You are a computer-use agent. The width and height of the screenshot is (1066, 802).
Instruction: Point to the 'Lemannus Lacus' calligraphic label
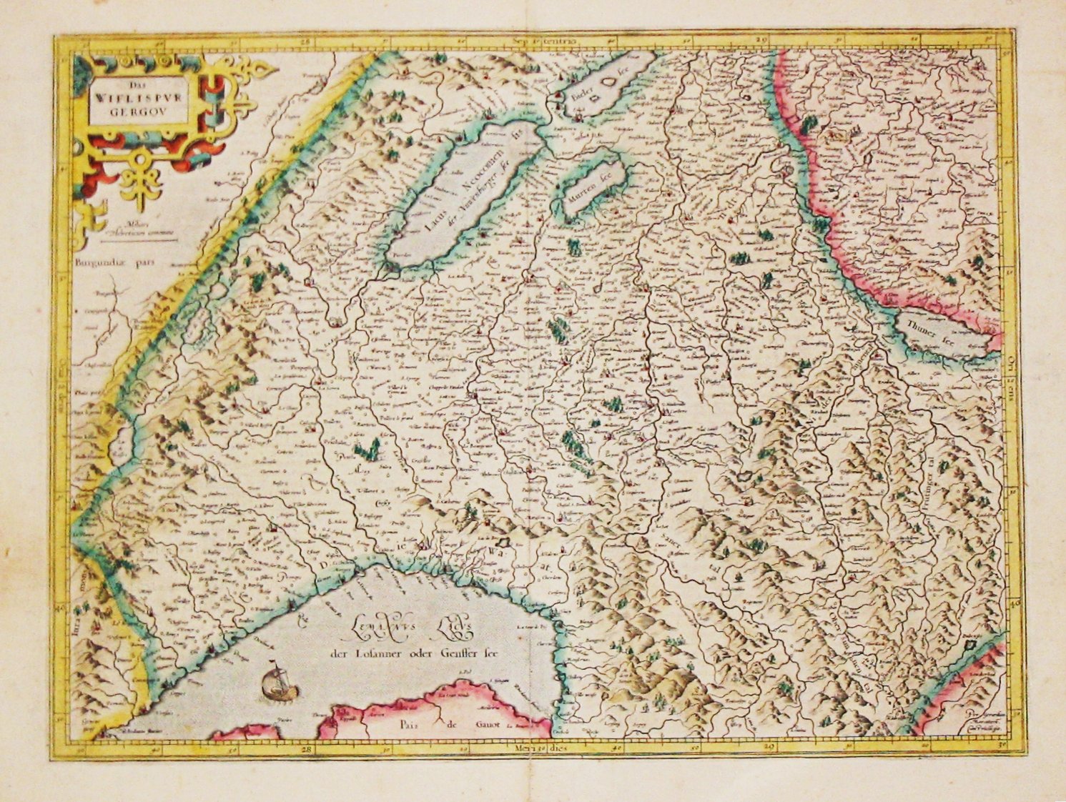coord(403,629)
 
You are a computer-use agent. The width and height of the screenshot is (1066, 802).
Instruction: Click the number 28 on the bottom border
coord(307,748)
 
